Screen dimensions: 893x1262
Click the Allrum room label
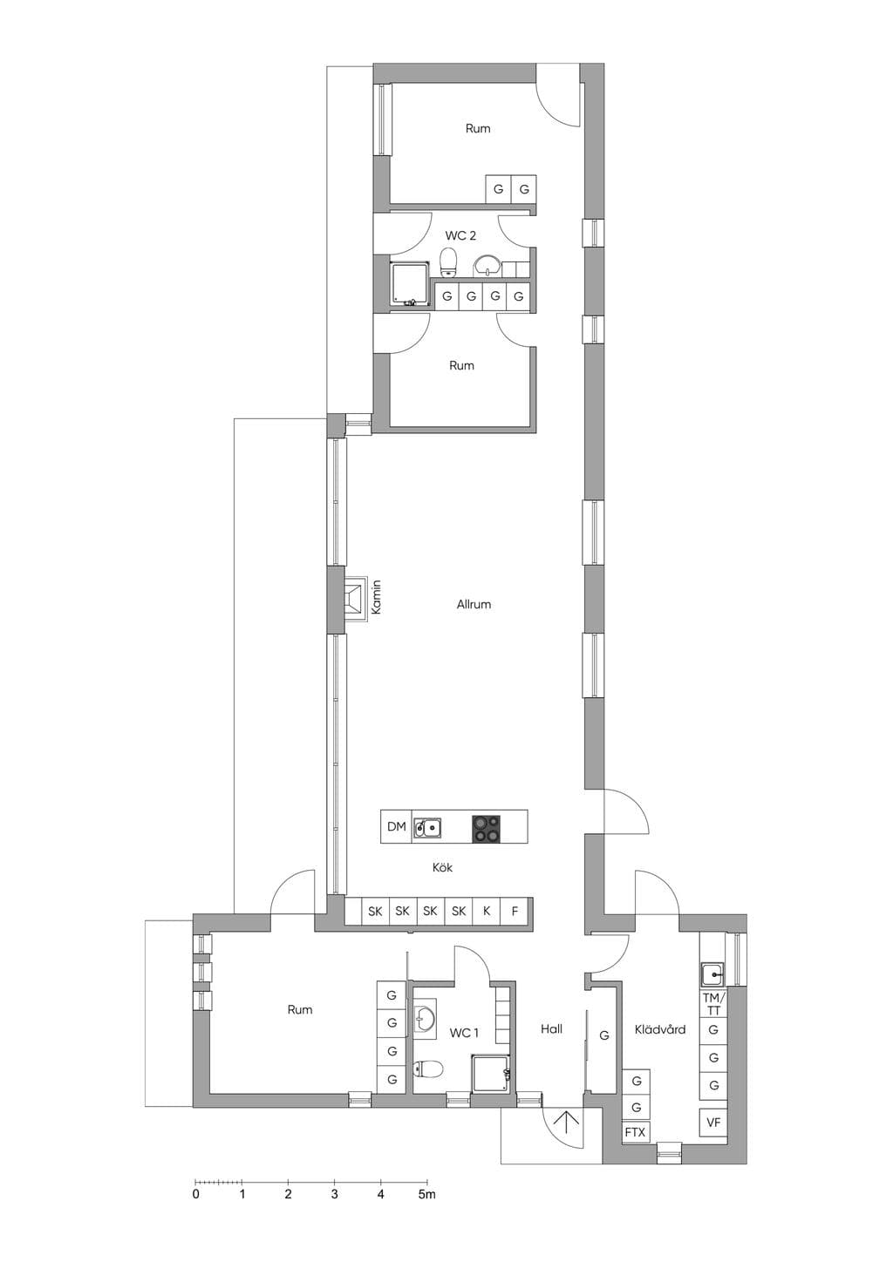[474, 605]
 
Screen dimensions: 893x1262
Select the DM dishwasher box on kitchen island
[396, 826]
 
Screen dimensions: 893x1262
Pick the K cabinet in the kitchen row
[487, 911]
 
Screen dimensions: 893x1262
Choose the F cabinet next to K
[515, 911]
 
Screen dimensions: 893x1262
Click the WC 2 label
[460, 235]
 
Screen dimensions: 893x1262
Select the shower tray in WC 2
[410, 284]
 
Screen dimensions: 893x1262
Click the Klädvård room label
[660, 1029]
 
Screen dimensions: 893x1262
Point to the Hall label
[551, 1028]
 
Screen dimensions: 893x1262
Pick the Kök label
[442, 867]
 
